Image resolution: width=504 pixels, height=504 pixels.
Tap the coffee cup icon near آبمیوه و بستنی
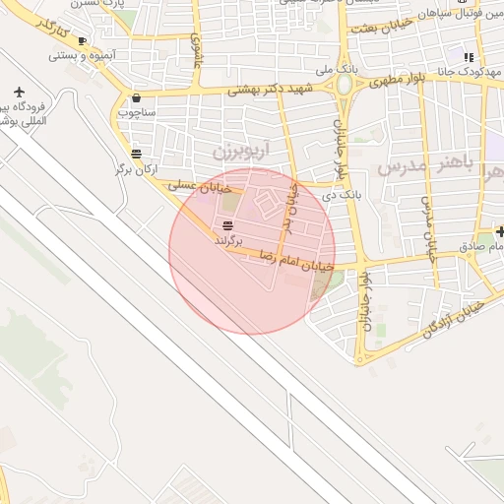pyautogui.click(x=82, y=40)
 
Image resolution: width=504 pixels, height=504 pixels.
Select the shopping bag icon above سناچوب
pyautogui.click(x=136, y=97)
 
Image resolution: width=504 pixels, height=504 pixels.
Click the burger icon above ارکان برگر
pyautogui.click(x=136, y=153)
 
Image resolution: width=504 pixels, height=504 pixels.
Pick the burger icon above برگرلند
pyautogui.click(x=228, y=225)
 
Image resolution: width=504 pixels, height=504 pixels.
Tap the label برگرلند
pyautogui.click(x=227, y=239)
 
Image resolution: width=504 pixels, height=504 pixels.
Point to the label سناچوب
pyautogui.click(x=136, y=112)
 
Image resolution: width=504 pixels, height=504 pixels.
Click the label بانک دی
pyautogui.click(x=345, y=196)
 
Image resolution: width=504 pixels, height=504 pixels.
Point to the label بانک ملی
pyautogui.click(x=336, y=70)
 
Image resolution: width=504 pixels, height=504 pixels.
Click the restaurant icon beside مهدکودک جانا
pyautogui.click(x=470, y=57)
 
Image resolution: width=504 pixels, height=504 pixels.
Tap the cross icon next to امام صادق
pyautogui.click(x=501, y=231)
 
